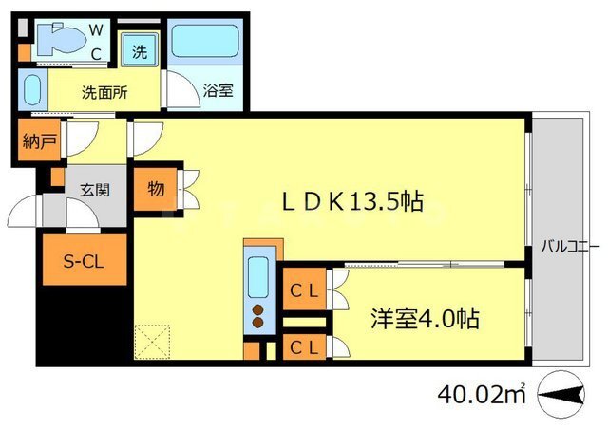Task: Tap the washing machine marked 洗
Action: (x=140, y=49)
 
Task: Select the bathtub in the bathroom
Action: (x=205, y=41)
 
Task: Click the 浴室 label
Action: (x=218, y=90)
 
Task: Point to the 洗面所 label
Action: (x=104, y=93)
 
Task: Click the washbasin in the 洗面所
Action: (x=32, y=89)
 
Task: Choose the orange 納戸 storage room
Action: (x=39, y=140)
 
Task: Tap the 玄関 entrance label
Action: (x=95, y=190)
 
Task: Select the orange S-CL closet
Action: (x=85, y=260)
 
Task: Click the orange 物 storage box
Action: (x=155, y=190)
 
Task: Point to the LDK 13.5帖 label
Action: (x=352, y=201)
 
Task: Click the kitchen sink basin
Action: (x=257, y=277)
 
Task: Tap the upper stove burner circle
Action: (x=257, y=309)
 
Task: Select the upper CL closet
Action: (x=304, y=289)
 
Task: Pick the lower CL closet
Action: (x=304, y=346)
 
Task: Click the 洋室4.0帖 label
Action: (x=425, y=319)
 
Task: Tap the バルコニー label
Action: (x=570, y=247)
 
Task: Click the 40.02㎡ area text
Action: (x=482, y=394)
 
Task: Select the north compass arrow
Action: (x=561, y=395)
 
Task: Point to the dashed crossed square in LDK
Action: (x=152, y=342)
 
